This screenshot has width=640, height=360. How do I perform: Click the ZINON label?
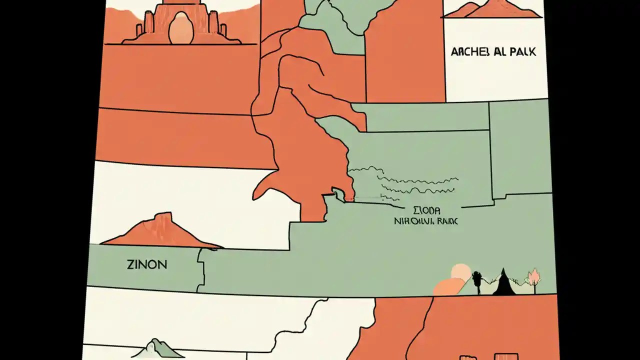147,264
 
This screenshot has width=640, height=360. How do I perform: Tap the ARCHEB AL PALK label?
493,52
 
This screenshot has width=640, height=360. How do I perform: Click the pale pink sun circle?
460,273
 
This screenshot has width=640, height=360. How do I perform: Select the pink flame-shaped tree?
534,276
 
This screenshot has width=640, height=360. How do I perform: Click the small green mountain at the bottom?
157,348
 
